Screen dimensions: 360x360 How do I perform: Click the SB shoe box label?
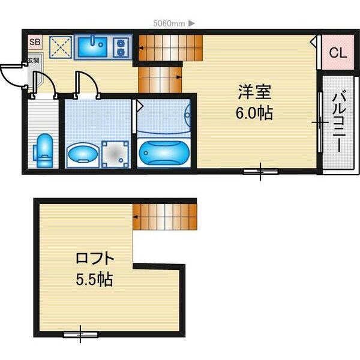click(35, 42)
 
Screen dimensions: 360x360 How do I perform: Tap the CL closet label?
click(338, 53)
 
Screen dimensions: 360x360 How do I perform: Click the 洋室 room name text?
click(254, 92)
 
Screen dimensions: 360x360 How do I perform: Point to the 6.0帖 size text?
click(254, 113)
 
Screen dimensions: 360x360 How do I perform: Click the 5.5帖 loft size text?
click(94, 279)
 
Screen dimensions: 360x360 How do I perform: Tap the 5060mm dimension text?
click(169, 23)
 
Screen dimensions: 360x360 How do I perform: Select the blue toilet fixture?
click(44, 150)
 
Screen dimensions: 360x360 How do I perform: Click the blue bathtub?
click(164, 153)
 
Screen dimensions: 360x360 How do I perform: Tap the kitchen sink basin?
click(92, 47)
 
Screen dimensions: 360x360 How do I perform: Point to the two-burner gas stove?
click(121, 48)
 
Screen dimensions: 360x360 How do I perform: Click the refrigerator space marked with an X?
click(61, 47)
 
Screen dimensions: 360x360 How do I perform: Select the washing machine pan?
click(115, 154)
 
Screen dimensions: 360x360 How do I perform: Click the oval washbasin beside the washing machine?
click(83, 153)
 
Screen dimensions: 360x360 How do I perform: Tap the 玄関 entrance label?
click(34, 61)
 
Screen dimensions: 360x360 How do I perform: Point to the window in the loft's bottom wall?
click(80, 334)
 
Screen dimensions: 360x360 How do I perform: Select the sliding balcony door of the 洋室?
click(320, 122)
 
